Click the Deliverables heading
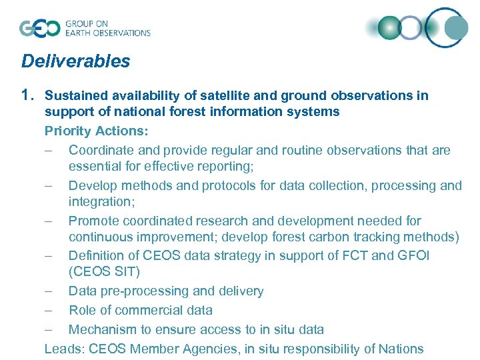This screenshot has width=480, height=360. pyautogui.click(x=75, y=61)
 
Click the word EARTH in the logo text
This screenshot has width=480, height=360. pyautogui.click(x=79, y=33)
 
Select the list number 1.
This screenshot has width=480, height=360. pyautogui.click(x=29, y=95)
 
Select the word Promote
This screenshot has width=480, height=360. pyautogui.click(x=93, y=221)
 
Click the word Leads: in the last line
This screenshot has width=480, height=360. pyautogui.click(x=63, y=349)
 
